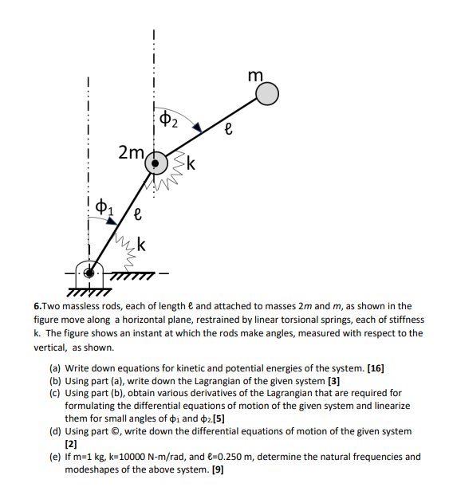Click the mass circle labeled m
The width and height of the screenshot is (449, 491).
(268, 95)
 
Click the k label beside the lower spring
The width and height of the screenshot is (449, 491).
(140, 245)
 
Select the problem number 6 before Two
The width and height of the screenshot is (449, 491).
(36, 306)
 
